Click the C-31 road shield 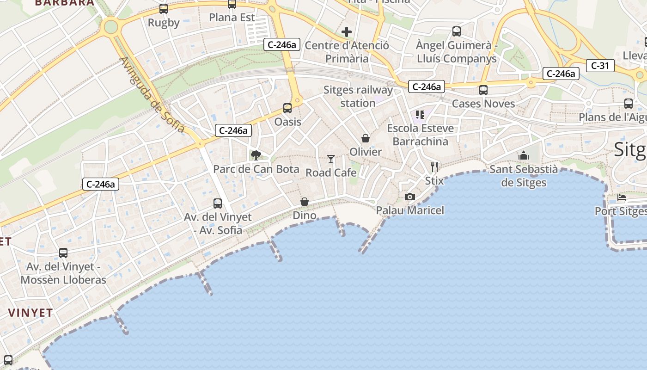(600, 66)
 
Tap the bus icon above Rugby (163, 8)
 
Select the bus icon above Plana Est (232, 4)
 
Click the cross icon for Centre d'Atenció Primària (346, 32)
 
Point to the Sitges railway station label (358, 96)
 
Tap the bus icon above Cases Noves (483, 90)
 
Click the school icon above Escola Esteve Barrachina (420, 114)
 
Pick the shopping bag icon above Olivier (366, 138)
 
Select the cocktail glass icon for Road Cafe (331, 159)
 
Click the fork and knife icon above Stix (434, 167)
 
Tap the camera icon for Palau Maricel (409, 197)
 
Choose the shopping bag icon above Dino (305, 202)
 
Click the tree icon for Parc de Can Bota (256, 155)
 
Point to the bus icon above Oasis (287, 108)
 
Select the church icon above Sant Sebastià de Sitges (524, 155)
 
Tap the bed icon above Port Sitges (622, 197)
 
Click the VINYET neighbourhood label (31, 313)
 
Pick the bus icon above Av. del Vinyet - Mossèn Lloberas (63, 253)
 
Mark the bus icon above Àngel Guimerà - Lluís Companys (457, 31)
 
